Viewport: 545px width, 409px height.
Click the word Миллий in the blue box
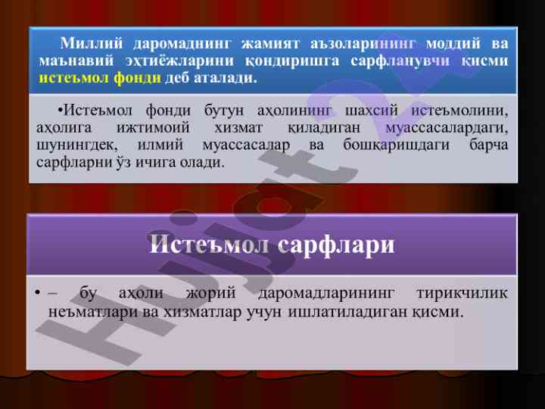[x=92, y=43]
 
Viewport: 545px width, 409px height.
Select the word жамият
[x=270, y=44]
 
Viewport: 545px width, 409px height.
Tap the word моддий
[x=453, y=44]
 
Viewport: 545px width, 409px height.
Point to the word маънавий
[x=76, y=61]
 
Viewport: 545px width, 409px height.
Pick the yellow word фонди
[x=137, y=78]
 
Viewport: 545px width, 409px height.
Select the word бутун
[x=224, y=111]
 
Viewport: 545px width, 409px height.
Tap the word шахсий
[x=371, y=111]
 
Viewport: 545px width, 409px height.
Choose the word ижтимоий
[x=153, y=128]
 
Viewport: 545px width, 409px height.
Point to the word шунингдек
[x=75, y=145]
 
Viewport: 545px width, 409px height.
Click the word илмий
[x=160, y=145]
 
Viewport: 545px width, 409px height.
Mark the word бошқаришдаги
[x=396, y=145]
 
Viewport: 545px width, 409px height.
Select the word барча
[x=489, y=145]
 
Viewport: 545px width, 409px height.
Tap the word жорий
[x=211, y=293]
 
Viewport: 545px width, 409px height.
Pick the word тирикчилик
[x=462, y=293]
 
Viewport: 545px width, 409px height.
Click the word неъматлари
[x=94, y=311]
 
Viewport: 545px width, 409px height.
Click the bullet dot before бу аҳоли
[x=38, y=293]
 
